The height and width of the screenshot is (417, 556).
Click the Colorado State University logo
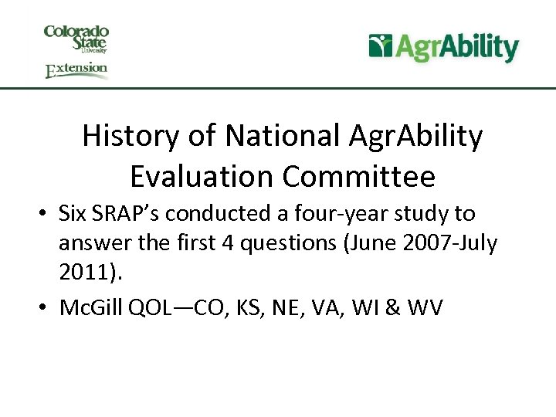click(x=76, y=39)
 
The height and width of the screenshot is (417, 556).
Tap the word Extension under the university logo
click(x=76, y=70)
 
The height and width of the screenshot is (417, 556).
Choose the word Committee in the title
click(x=359, y=178)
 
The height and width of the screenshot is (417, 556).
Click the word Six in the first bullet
click(x=75, y=214)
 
